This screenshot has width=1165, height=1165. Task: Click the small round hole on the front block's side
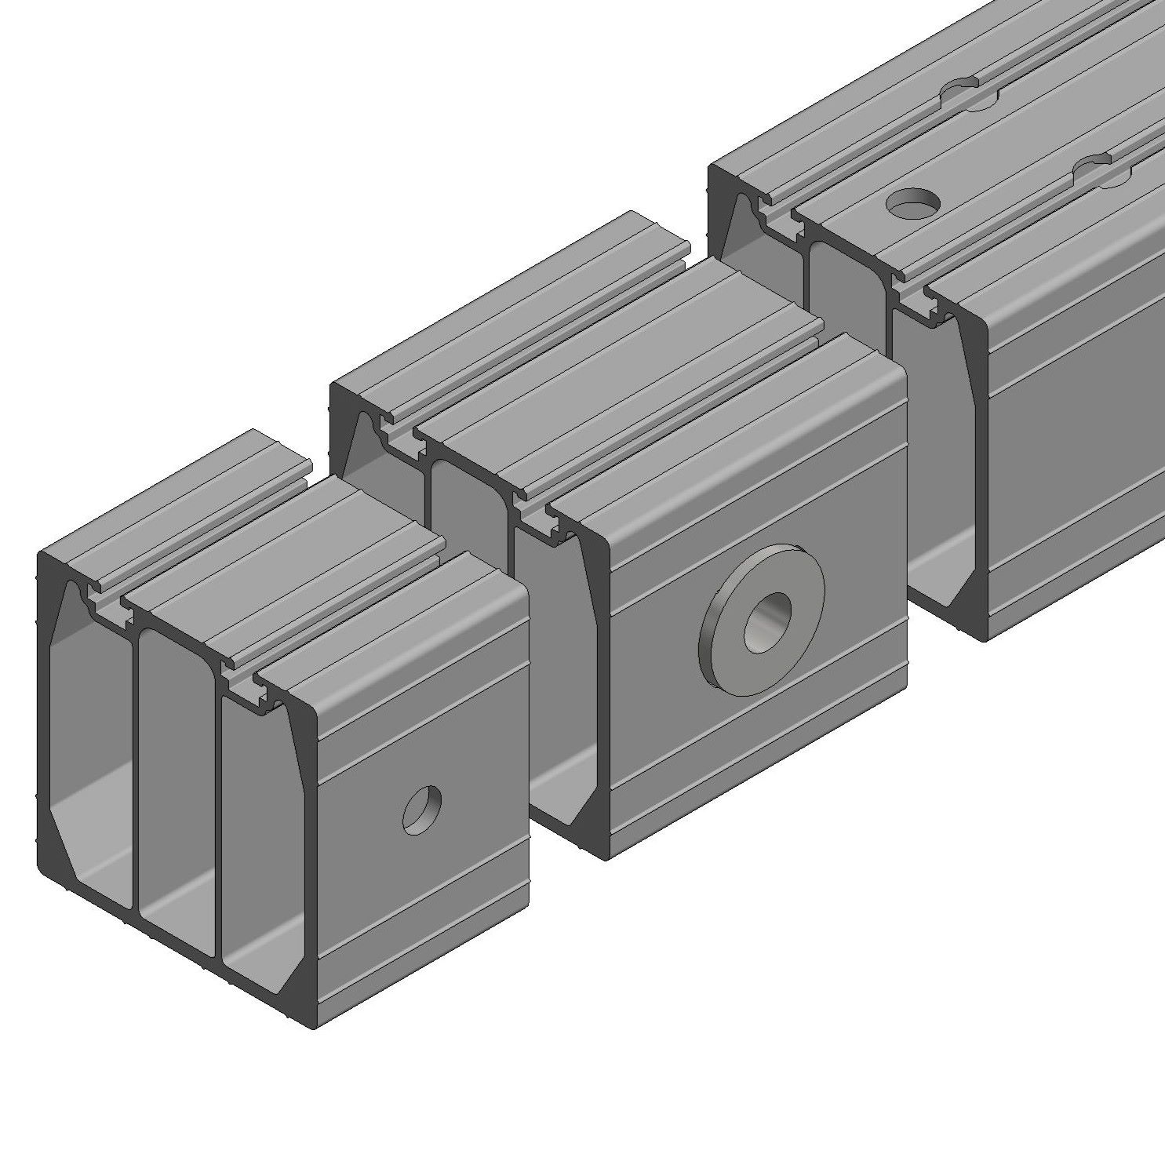pyautogui.click(x=422, y=808)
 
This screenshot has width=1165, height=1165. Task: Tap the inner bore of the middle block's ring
pyautogui.click(x=767, y=622)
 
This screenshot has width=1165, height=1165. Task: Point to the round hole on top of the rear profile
pyautogui.click(x=913, y=202)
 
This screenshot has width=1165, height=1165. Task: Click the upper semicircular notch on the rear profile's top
pyautogui.click(x=970, y=93)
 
